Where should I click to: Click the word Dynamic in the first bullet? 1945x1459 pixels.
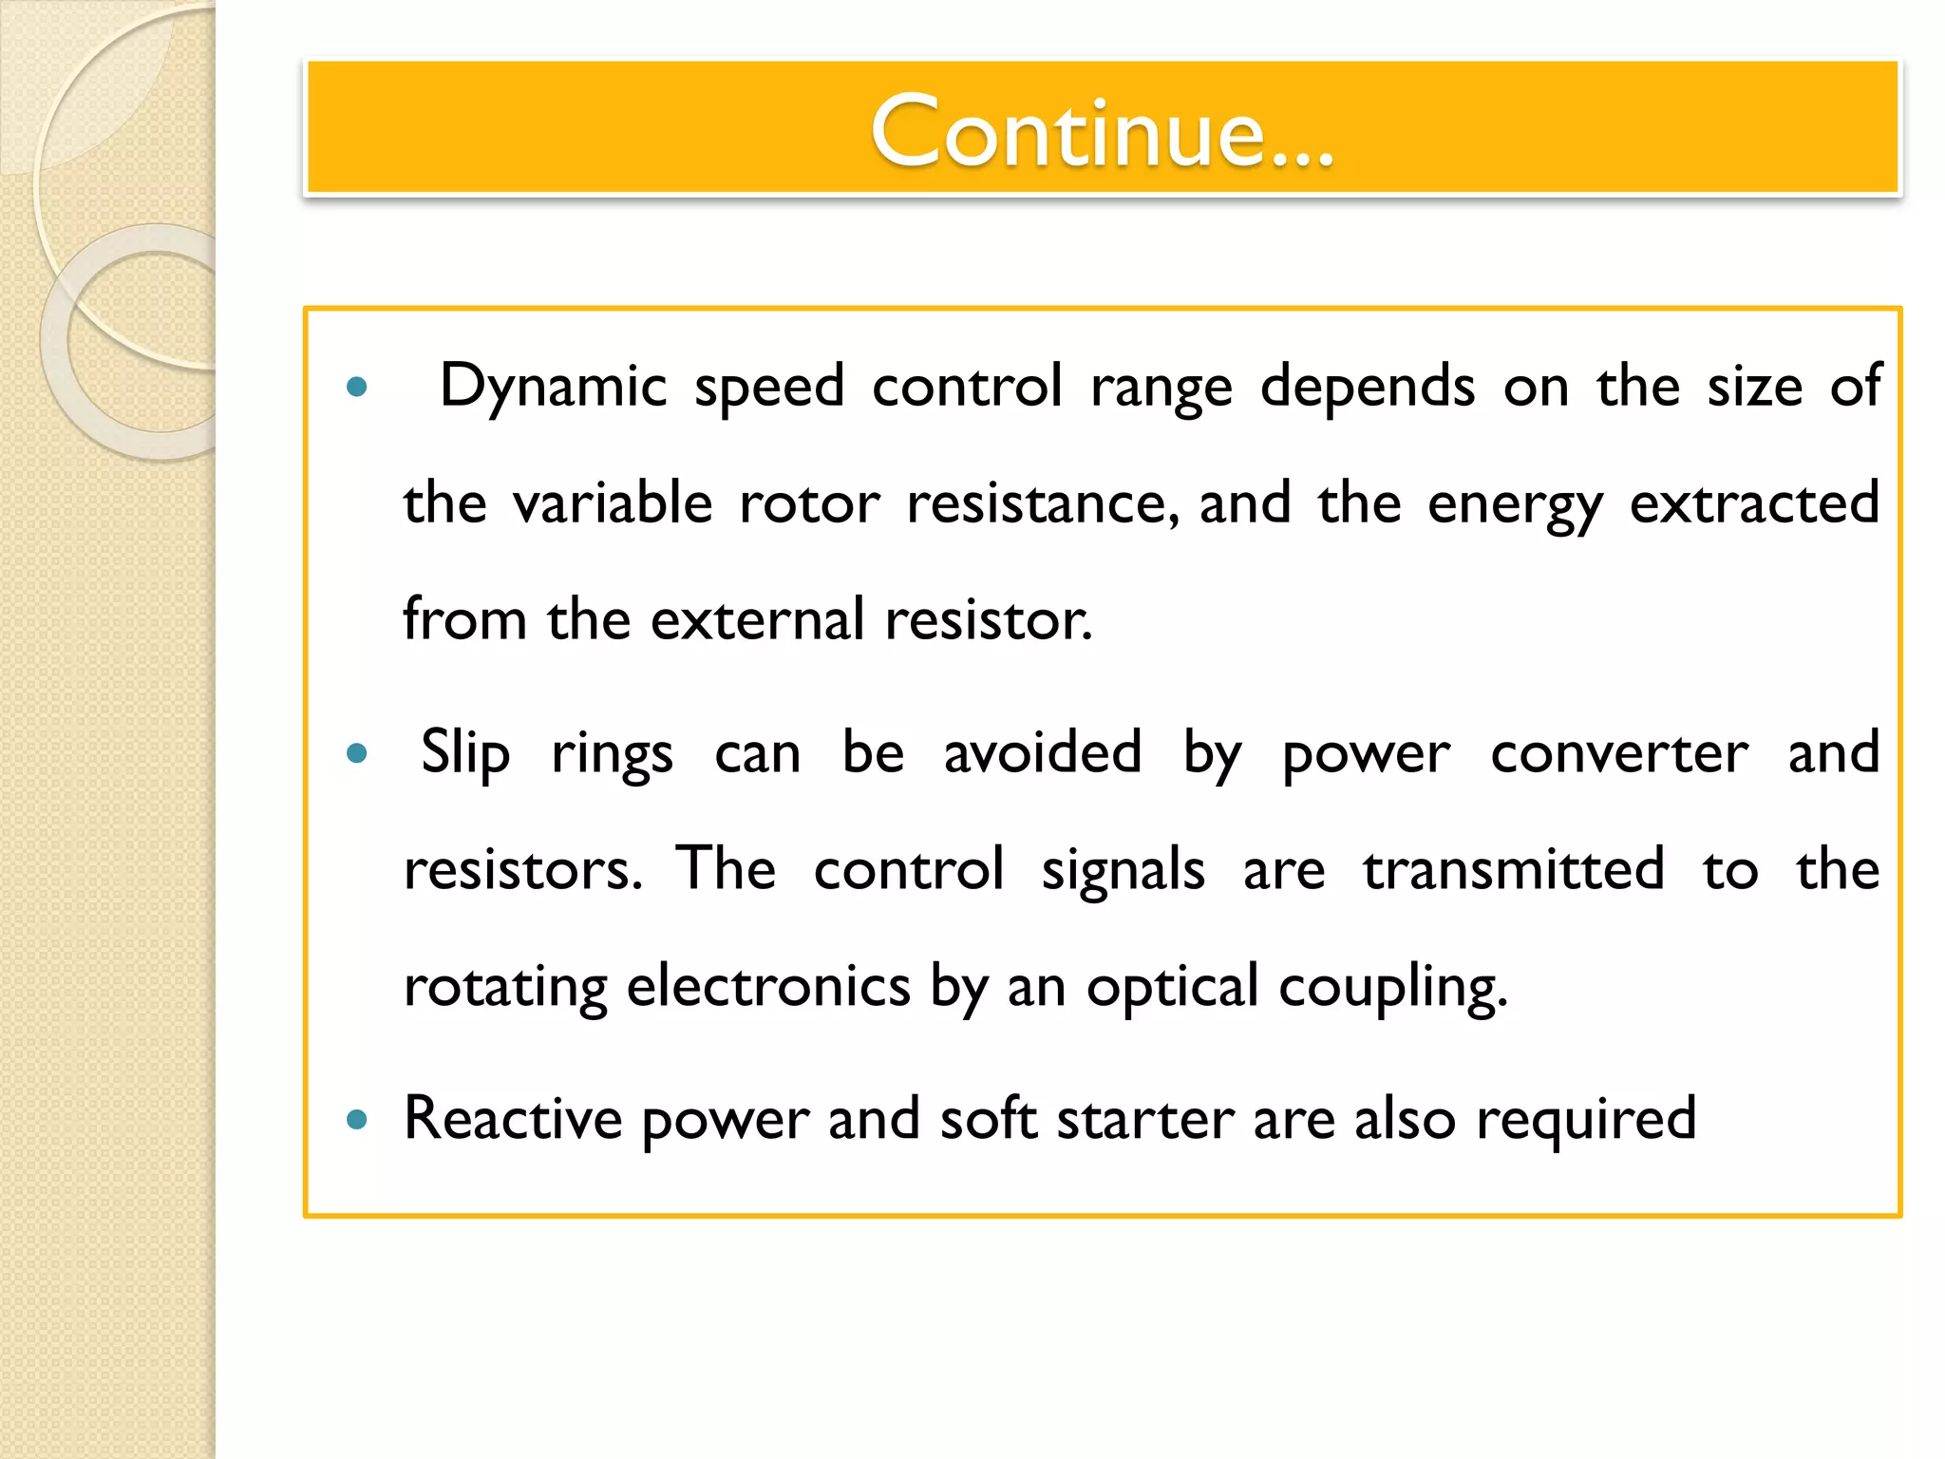[554, 387]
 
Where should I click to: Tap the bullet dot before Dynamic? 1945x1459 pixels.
[357, 387]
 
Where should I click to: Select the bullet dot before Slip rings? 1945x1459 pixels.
[357, 754]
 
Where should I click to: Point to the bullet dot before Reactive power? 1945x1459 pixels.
[357, 1120]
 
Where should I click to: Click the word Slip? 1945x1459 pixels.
[465, 753]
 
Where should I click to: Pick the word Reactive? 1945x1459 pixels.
[513, 1118]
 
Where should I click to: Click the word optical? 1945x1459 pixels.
[1172, 987]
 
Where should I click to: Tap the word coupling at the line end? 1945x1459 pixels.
[1392, 987]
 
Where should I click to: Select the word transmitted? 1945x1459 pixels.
[1514, 869]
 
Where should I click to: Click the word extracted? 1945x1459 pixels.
[1754, 503]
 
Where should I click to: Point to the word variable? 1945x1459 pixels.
[613, 503]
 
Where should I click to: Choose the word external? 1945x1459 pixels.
[757, 620]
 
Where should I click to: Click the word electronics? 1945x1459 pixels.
[768, 987]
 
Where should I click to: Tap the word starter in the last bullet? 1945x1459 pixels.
[1145, 1118]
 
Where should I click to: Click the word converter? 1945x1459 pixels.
[1618, 753]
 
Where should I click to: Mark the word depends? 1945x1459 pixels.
[1368, 387]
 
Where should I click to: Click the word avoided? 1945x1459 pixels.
[1042, 753]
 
